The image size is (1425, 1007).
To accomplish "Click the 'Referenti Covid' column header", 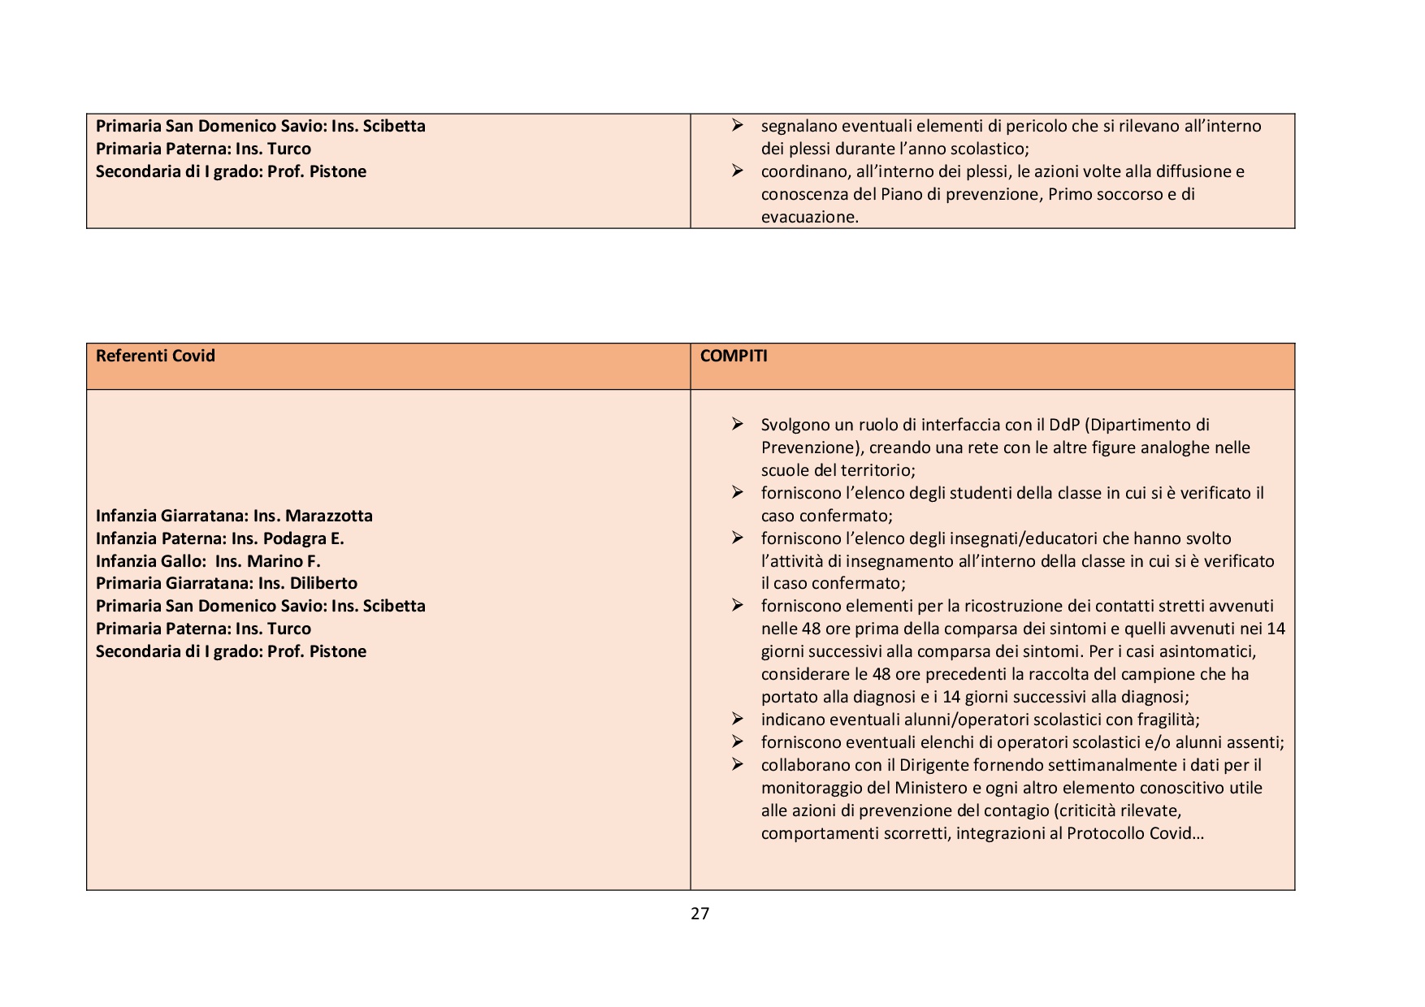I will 155,356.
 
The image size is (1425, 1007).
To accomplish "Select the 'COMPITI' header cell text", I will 734,356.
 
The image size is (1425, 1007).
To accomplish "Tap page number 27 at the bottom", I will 700,914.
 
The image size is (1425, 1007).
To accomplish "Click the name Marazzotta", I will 328,516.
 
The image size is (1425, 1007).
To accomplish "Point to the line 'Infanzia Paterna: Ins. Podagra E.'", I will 219,538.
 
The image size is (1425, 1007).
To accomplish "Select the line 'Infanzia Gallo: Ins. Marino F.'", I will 208,561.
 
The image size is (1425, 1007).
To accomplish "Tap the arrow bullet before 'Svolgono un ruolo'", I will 737,424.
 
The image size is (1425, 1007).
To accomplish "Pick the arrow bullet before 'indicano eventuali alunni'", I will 737,719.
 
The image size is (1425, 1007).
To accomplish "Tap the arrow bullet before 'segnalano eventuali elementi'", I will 737,125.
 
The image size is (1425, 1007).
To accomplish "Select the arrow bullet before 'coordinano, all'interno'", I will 737,171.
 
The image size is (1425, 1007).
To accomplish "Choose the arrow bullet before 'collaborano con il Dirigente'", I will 737,764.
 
